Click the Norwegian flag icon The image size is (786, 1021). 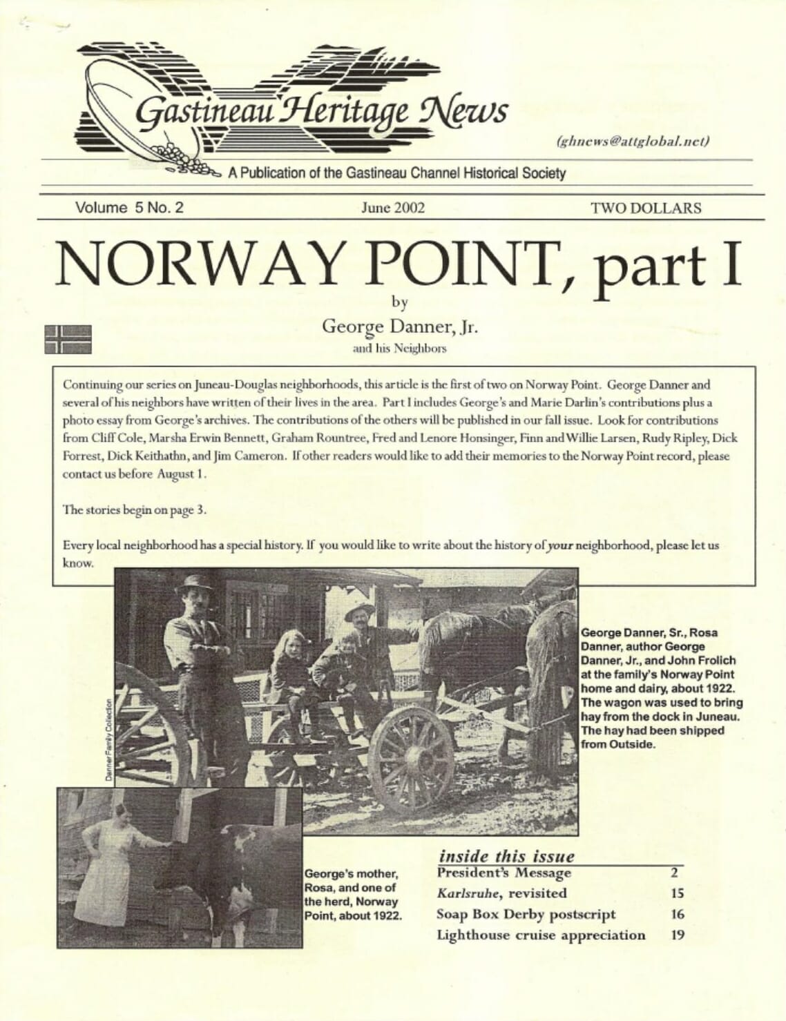coord(68,338)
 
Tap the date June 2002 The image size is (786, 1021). coord(393,208)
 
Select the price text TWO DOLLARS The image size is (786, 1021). coord(646,208)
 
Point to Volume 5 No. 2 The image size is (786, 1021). coord(130,208)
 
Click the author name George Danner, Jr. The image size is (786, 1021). coord(400,326)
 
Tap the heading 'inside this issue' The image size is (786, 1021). coord(506,856)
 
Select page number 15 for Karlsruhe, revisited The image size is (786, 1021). coord(677,893)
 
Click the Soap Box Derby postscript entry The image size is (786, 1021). coord(526,914)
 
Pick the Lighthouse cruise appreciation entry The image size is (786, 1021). coord(541,935)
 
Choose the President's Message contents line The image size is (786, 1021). coord(504,873)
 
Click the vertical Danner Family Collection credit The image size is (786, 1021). coord(108,740)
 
